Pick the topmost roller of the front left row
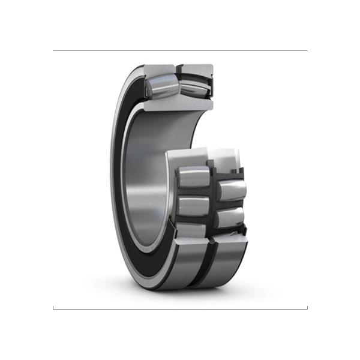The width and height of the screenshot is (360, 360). tap(192, 177)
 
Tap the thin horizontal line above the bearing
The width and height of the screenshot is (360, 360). tap(180, 51)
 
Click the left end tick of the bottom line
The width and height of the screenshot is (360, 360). tap(53, 307)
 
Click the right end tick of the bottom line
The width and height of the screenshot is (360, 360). tap(307, 307)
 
